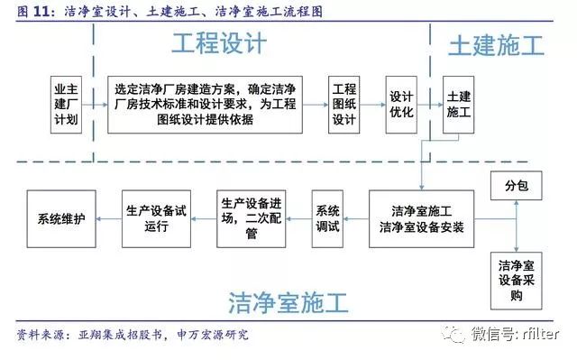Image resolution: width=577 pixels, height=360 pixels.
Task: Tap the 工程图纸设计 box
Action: pyautogui.click(x=343, y=105)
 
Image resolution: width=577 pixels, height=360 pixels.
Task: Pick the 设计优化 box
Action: pyautogui.click(x=400, y=105)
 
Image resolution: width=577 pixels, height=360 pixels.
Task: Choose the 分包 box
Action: pyautogui.click(x=517, y=186)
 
